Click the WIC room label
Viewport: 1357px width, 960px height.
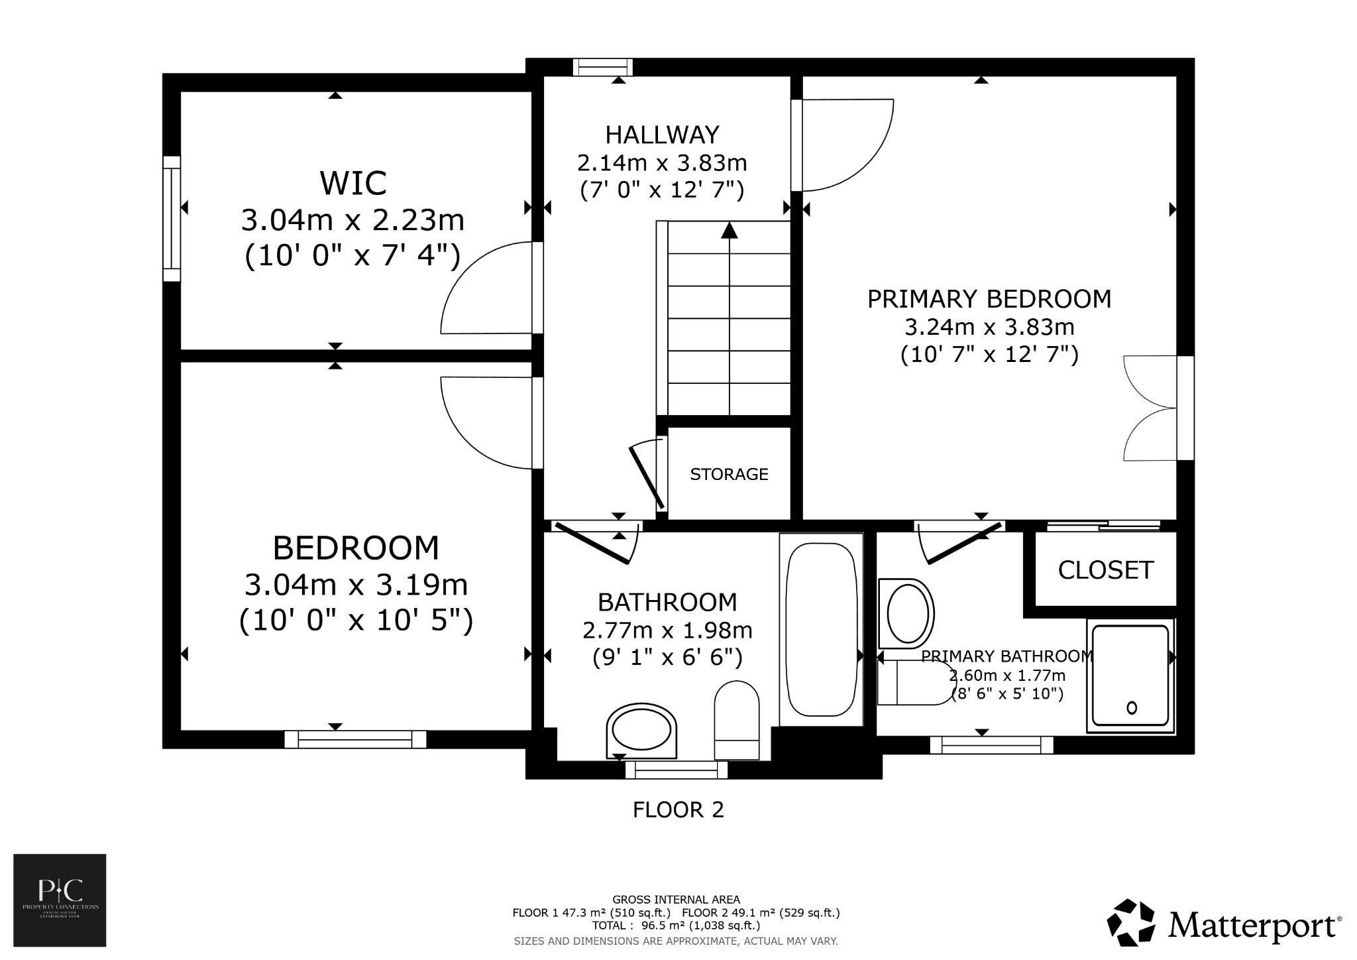pyautogui.click(x=353, y=184)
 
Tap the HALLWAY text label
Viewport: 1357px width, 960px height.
pyautogui.click(x=662, y=135)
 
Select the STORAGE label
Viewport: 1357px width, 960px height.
pyautogui.click(x=729, y=474)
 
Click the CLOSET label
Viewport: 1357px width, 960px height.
pyautogui.click(x=1105, y=570)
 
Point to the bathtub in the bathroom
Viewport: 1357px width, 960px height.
pyautogui.click(x=820, y=629)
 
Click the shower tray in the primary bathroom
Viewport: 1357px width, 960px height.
pyautogui.click(x=1130, y=675)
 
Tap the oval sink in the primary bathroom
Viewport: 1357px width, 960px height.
pyautogui.click(x=906, y=613)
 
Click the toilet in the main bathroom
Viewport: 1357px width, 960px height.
pyautogui.click(x=736, y=720)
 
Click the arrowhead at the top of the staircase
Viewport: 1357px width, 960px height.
pyautogui.click(x=730, y=230)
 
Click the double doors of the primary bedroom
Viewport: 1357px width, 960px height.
pyautogui.click(x=1150, y=408)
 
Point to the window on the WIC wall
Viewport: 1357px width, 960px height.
pyautogui.click(x=172, y=219)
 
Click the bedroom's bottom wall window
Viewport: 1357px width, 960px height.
pyautogui.click(x=355, y=739)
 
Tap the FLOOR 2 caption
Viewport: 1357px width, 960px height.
pyautogui.click(x=678, y=810)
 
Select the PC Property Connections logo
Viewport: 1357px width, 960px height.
pyautogui.click(x=60, y=900)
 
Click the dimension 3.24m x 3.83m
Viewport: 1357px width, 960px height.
pyautogui.click(x=989, y=328)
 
